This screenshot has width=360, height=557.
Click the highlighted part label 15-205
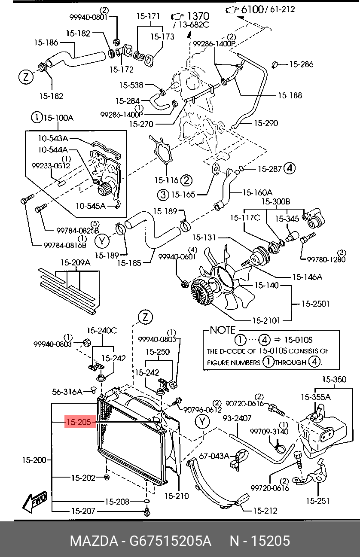coord(78,423)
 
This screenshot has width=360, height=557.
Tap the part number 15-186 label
coord(46,43)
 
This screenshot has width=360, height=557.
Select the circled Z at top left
coord(26,77)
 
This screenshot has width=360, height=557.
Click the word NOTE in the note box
coord(223,330)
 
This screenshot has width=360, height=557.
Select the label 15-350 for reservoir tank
coord(334,380)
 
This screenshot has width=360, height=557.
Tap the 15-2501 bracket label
coord(315,304)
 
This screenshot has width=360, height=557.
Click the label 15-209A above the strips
coord(75,262)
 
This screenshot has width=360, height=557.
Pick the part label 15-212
coord(265,511)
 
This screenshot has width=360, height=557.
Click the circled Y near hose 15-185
coord(102,241)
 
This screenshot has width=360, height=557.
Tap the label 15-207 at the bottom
coord(83,511)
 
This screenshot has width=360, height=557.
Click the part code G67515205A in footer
coord(167,541)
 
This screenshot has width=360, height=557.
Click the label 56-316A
coord(67,392)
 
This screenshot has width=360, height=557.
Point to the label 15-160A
coord(258,192)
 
